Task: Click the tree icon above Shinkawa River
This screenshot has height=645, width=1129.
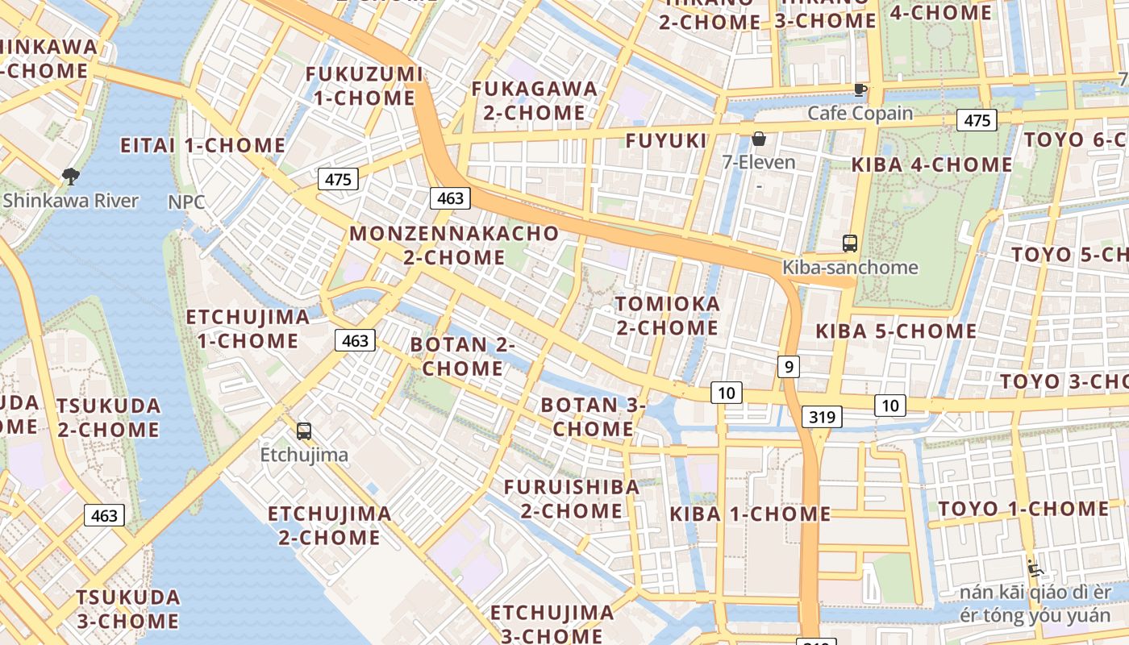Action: coord(71,176)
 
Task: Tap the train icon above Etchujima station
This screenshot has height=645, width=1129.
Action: coord(304,431)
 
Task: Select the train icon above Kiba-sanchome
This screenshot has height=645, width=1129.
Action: coord(849,243)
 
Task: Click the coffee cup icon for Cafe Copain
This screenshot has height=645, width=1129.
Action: coord(860,89)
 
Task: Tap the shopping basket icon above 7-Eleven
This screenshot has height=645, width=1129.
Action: coord(758,139)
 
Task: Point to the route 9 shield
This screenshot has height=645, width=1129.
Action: coord(789,367)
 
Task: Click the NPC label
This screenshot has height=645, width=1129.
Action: coord(186,202)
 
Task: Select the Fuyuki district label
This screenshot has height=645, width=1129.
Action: coord(666,141)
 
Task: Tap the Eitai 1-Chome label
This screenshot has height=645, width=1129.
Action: coord(202,146)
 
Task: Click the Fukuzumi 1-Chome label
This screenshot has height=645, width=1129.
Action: coord(364,86)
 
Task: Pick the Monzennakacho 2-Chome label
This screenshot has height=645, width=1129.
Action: coord(454,246)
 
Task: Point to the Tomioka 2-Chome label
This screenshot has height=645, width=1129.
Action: coord(667,315)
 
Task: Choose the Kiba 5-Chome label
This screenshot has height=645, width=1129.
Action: coord(896,331)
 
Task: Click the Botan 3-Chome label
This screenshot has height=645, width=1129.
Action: coord(593,417)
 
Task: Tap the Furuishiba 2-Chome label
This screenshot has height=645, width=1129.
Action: coord(572,498)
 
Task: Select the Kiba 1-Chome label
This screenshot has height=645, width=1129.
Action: coord(750,514)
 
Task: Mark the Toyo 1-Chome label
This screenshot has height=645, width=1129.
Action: coord(1023,509)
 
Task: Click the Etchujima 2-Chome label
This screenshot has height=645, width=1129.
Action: coord(329,525)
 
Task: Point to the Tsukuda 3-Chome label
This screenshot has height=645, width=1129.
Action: coord(128,609)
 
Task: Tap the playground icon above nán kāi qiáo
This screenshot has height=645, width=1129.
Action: coord(1035,568)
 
